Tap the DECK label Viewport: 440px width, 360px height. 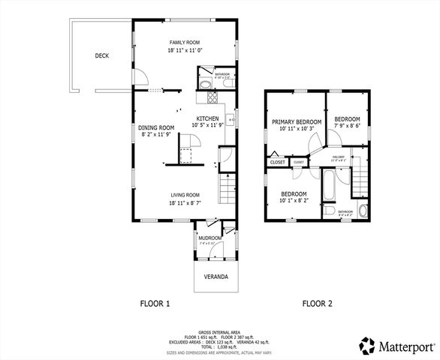(x=103, y=55)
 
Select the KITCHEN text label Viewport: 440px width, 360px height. (x=207, y=118)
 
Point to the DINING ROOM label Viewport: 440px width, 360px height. (x=156, y=127)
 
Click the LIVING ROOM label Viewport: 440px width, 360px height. (x=185, y=194)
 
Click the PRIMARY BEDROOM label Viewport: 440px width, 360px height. (x=297, y=121)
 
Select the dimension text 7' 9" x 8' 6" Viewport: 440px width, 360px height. (x=347, y=127)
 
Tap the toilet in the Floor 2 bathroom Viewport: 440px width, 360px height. (x=363, y=210)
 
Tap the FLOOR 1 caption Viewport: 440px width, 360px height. (x=155, y=304)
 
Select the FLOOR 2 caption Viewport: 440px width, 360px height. (x=317, y=304)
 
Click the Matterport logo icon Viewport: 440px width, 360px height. (x=366, y=346)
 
